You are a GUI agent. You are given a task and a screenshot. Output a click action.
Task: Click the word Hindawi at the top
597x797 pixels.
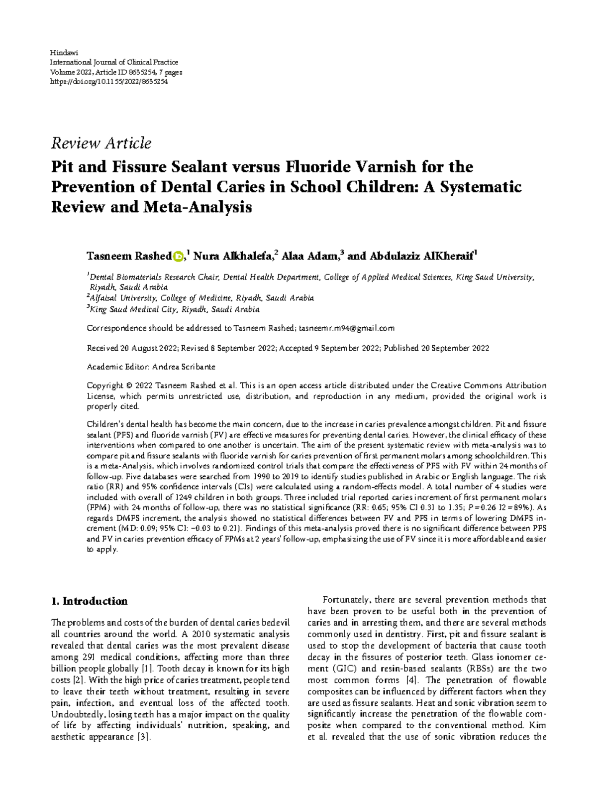point(62,52)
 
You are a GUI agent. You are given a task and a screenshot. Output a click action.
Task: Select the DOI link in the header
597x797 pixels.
point(109,82)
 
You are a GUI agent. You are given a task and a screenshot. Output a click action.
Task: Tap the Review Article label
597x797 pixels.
point(101,143)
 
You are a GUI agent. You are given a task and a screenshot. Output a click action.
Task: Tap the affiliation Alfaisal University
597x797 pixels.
point(121,298)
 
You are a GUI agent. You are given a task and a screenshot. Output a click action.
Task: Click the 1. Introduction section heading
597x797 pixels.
point(90,601)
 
